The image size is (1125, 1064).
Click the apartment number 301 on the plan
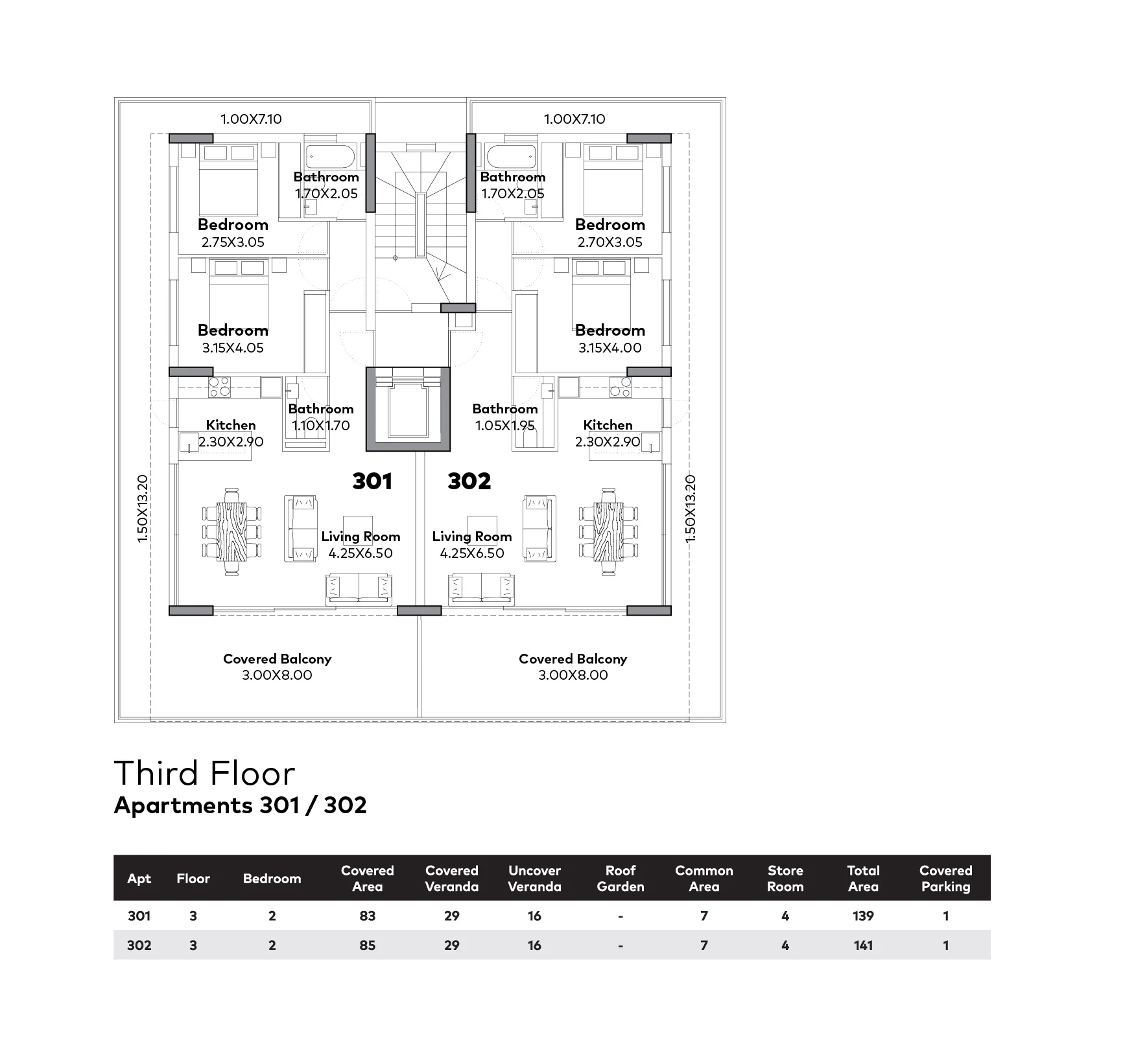pyautogui.click(x=372, y=481)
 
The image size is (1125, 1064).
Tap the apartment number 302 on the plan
pyautogui.click(x=469, y=481)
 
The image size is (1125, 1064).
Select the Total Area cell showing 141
pyautogui.click(x=862, y=945)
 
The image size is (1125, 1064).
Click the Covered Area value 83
pyautogui.click(x=367, y=916)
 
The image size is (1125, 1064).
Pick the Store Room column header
pyautogui.click(x=785, y=878)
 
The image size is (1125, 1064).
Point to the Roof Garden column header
pyautogui.click(x=620, y=878)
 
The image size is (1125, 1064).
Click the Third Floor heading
pyautogui.click(x=204, y=773)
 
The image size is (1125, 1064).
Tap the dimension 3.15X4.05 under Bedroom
pyautogui.click(x=233, y=348)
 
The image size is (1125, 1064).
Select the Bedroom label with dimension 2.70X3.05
pyautogui.click(x=610, y=225)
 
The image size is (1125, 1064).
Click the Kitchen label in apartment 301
pyautogui.click(x=231, y=425)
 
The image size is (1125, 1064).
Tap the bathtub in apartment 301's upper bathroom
pyautogui.click(x=330, y=157)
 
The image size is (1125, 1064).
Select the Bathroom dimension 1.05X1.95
pyautogui.click(x=505, y=426)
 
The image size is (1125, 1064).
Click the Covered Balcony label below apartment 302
pyautogui.click(x=573, y=659)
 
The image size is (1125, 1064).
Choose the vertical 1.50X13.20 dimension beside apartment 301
pyautogui.click(x=143, y=509)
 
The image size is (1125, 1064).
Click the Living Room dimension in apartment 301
pyautogui.click(x=361, y=553)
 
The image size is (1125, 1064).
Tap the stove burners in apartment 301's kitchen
pyautogui.click(x=220, y=387)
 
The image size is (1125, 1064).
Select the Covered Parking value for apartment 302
pyautogui.click(x=945, y=945)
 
